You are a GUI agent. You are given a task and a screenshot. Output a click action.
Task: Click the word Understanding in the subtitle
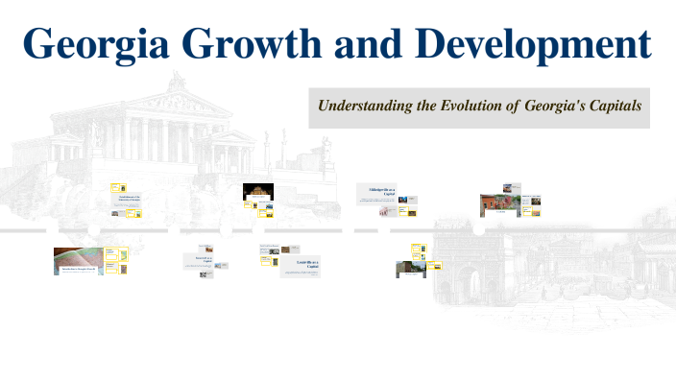coord(368,107)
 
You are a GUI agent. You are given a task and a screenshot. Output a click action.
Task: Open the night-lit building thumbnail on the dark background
coord(258,192)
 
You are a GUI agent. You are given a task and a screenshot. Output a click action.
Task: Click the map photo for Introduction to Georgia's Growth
coord(78,262)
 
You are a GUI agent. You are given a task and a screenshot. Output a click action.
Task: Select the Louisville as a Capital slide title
coord(295,263)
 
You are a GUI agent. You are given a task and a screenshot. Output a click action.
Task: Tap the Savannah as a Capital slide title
coord(205,259)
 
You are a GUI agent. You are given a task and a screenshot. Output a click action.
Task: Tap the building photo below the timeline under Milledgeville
coord(410,270)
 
